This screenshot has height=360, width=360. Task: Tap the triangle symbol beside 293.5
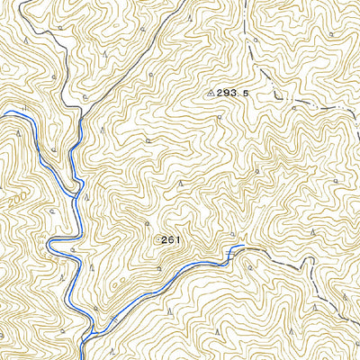tap(211, 92)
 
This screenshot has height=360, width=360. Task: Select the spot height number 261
tap(172, 239)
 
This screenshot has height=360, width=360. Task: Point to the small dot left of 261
tap(158, 239)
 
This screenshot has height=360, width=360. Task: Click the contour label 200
tap(15, 200)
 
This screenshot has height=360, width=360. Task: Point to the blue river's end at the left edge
tap(2, 113)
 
